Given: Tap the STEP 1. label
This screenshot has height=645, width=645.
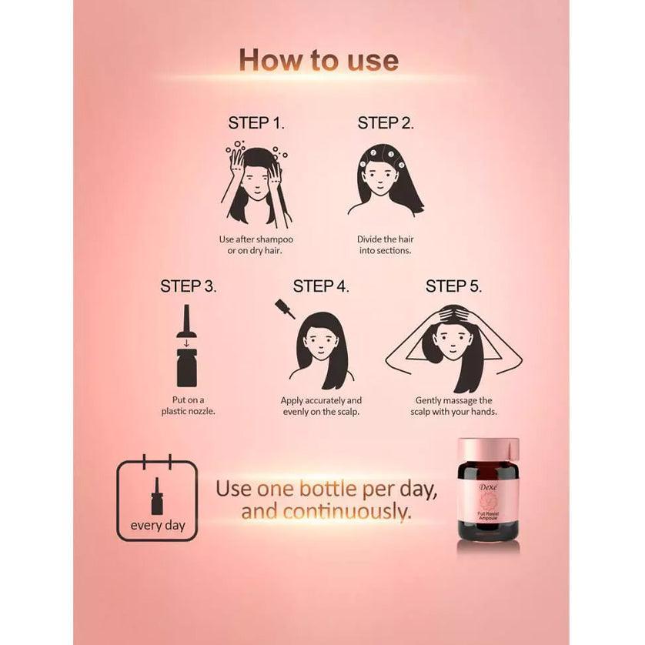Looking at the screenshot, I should (256, 123).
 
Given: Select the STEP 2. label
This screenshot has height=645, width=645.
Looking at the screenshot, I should (386, 123).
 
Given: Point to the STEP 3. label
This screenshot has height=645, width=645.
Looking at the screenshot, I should (189, 286).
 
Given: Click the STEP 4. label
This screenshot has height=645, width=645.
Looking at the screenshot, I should (321, 286).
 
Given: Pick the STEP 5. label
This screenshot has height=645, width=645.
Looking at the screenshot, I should (453, 286).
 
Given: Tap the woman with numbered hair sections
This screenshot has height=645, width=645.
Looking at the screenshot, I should (386, 181).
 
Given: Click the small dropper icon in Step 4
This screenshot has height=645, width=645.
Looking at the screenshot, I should (284, 310).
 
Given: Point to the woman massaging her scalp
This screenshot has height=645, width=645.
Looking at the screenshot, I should (453, 346).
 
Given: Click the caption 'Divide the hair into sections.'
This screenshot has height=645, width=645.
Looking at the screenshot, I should (385, 246).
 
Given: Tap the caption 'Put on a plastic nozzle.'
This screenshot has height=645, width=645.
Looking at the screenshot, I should (188, 406).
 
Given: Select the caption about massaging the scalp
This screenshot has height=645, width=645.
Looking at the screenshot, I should (453, 406).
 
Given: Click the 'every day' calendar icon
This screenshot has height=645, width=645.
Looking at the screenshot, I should (156, 500).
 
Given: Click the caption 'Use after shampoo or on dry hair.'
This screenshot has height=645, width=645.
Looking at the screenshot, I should (256, 246).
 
